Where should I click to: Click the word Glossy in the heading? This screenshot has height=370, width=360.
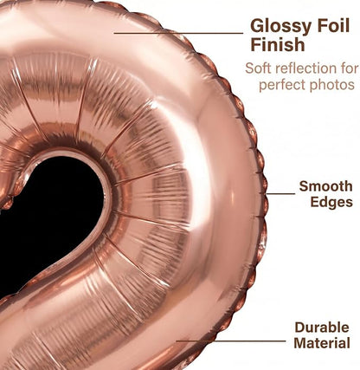pyautogui.click(x=280, y=27)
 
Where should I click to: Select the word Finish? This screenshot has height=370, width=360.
pyautogui.click(x=278, y=44)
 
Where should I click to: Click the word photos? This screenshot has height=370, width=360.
pyautogui.click(x=329, y=85)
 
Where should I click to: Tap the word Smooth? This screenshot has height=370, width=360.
pyautogui.click(x=326, y=186)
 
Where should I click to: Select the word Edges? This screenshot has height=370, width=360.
pyautogui.click(x=331, y=202)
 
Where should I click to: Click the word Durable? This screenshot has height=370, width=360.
pyautogui.click(x=322, y=328)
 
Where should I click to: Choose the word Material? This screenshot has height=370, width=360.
pyautogui.click(x=322, y=343)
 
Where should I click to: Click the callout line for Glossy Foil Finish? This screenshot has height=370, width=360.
pyautogui.click(x=178, y=33)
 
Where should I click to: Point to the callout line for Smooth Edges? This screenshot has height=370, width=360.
pyautogui.click(x=280, y=194)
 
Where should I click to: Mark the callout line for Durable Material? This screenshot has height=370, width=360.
pyautogui.click(x=231, y=341)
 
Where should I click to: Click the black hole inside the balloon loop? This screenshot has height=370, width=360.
pyautogui.click(x=49, y=219)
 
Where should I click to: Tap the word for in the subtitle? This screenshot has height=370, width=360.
pyautogui.click(x=348, y=68)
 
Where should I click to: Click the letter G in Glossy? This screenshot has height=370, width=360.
pyautogui.click(x=258, y=25)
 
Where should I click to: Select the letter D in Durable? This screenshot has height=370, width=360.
pyautogui.click(x=300, y=328)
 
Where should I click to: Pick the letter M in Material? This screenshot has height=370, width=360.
pyautogui.click(x=300, y=343)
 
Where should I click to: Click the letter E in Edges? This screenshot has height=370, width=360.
pyautogui.click(x=315, y=202)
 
